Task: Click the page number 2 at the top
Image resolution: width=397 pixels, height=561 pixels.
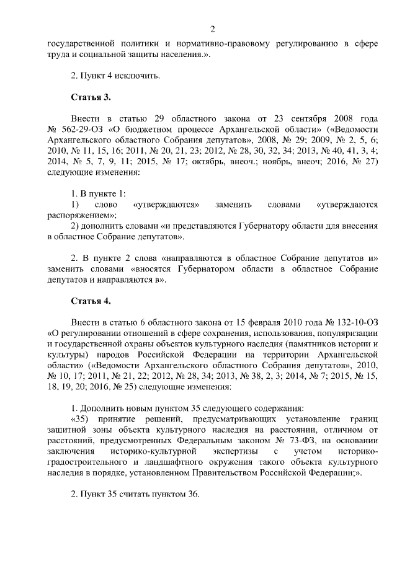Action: (212, 29)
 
